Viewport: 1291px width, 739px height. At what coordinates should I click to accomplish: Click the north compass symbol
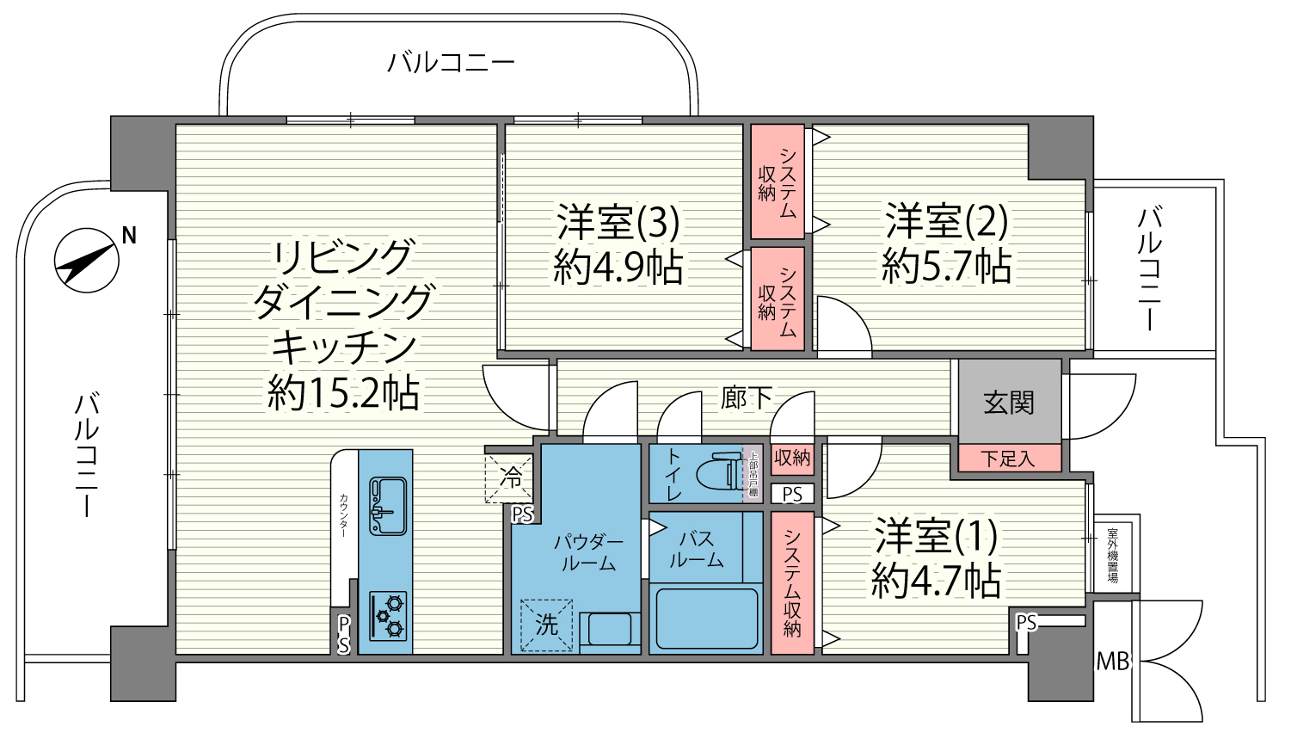tap(87, 261)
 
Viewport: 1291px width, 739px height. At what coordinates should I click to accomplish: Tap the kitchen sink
tap(388, 506)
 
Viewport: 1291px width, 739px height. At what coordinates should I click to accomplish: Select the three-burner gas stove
tap(388, 616)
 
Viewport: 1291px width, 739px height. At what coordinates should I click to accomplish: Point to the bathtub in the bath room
tap(707, 619)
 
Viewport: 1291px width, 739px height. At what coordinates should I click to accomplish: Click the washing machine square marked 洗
tap(546, 625)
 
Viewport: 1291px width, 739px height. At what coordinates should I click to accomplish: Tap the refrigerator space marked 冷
tap(508, 478)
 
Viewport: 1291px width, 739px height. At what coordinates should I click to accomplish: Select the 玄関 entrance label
tap(1009, 403)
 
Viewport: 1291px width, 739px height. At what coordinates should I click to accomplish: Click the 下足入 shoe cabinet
tap(1009, 459)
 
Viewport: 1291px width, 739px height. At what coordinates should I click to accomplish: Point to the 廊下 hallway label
tap(747, 397)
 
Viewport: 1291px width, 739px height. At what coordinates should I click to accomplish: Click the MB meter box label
tap(1112, 662)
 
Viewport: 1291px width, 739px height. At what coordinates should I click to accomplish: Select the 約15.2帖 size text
tap(343, 393)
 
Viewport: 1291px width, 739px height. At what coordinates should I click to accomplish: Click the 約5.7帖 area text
tap(946, 267)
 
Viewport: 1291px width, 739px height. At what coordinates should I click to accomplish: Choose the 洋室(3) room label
tap(618, 222)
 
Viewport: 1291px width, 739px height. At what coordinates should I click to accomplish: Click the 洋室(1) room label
tap(936, 535)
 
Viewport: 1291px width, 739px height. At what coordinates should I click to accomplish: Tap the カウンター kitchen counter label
tap(343, 515)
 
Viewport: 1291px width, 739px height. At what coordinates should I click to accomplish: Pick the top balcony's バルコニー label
tap(451, 62)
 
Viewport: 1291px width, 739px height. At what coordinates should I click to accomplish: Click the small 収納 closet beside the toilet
tap(792, 459)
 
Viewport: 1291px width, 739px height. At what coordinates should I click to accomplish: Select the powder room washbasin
tap(610, 629)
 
